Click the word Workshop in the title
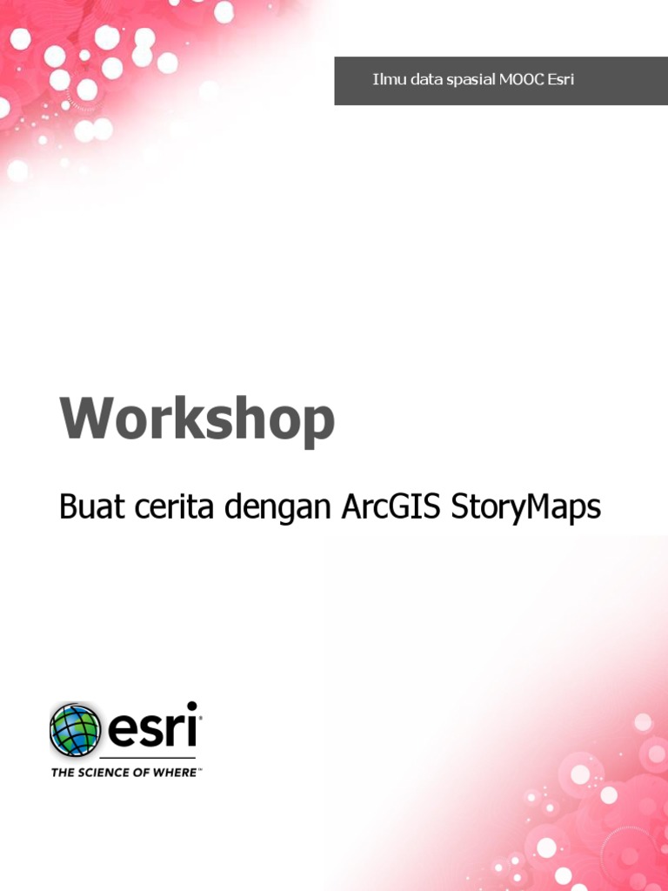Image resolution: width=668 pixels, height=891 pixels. (197, 420)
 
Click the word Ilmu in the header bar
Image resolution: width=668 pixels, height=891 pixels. (387, 80)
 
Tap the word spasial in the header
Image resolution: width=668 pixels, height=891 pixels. (470, 81)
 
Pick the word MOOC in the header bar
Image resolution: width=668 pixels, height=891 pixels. (521, 80)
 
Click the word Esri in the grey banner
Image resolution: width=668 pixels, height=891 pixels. (560, 80)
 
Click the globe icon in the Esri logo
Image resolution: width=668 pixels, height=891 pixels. (76, 729)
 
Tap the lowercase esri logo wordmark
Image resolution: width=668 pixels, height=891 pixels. (152, 729)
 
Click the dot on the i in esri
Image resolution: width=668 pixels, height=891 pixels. (191, 707)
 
